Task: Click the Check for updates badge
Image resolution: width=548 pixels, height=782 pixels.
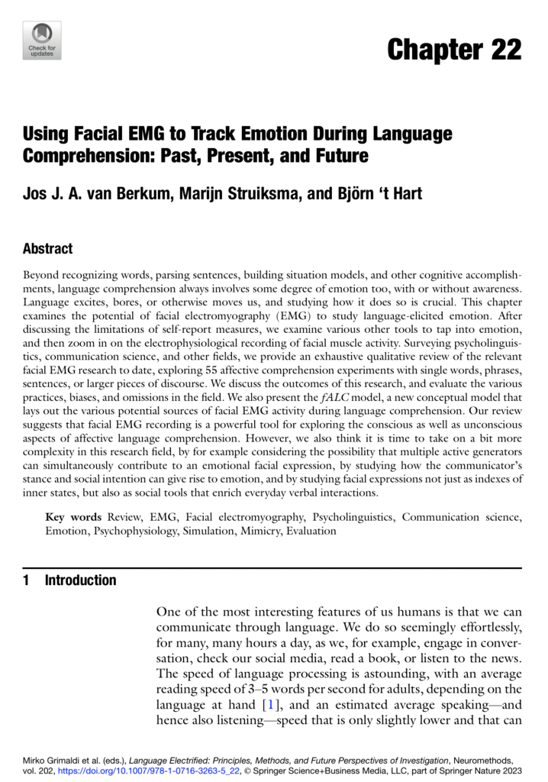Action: click(x=43, y=40)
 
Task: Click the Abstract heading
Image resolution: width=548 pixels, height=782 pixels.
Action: click(x=47, y=249)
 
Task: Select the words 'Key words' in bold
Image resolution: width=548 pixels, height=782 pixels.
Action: click(x=73, y=517)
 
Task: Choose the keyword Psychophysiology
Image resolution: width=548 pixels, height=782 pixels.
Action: click(x=134, y=531)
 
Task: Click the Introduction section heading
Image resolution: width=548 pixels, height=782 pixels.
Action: click(x=80, y=580)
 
